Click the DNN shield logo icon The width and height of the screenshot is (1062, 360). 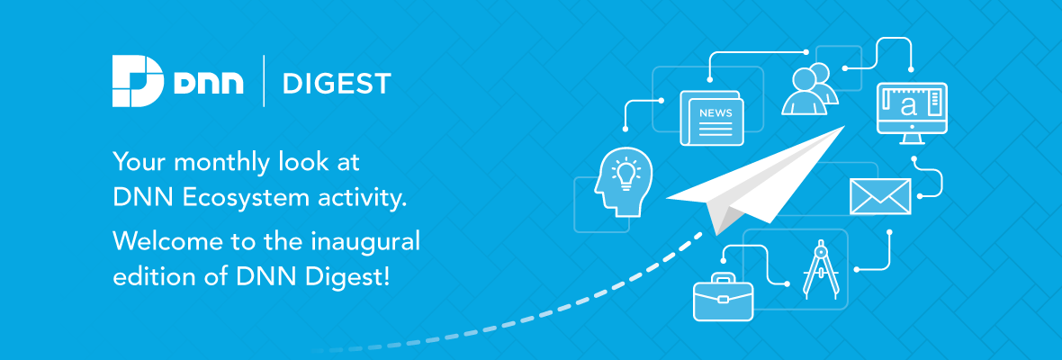coord(138,82)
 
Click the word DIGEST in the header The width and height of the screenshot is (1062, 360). coord(337,84)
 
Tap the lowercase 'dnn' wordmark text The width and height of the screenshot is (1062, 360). coord(208,83)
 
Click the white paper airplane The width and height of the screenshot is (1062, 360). coord(756,180)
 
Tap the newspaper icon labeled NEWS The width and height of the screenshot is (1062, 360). coord(712,118)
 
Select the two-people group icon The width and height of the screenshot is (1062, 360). coord(809,88)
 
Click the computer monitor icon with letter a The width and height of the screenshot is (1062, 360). coord(911,112)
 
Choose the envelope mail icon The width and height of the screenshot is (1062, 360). coord(880,196)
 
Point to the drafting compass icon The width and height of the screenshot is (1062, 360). coord(820,269)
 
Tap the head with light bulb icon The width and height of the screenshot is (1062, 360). coord(623,182)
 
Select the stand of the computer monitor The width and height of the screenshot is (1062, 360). coord(911,138)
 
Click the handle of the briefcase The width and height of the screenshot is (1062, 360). coord(723,277)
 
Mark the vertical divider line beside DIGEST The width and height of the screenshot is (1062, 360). coord(264,82)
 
